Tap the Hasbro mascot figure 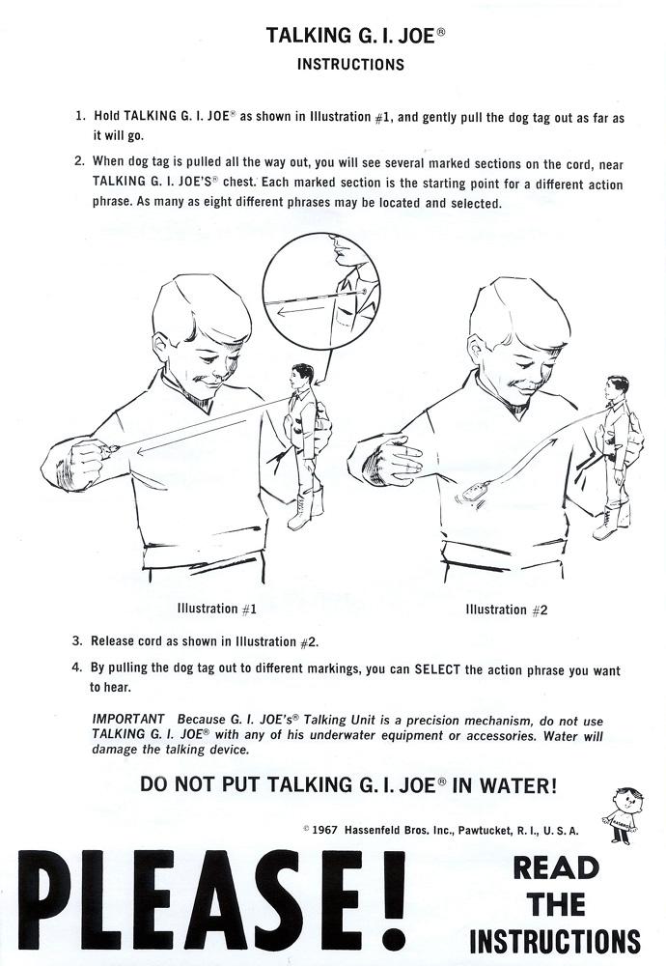[x=623, y=815]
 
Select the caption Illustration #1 [x=216, y=609]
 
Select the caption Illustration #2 [x=506, y=610]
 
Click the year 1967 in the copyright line [x=324, y=830]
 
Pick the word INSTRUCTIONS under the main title [x=350, y=65]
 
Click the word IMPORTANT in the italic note [x=128, y=719]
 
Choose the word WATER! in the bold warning [x=517, y=785]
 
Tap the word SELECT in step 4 [x=437, y=669]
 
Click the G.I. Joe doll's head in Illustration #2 [x=616, y=387]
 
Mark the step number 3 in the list [x=76, y=640]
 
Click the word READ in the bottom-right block [x=556, y=868]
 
